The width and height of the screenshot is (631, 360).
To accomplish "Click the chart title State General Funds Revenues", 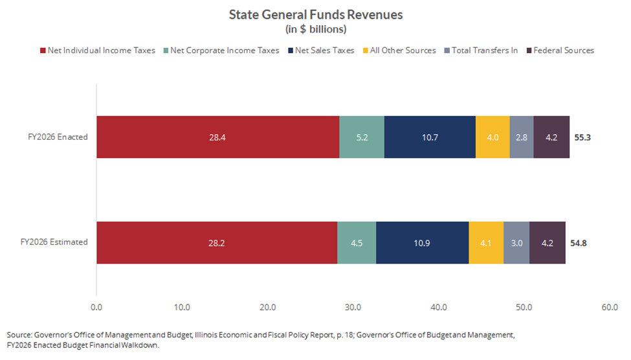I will click(316, 14).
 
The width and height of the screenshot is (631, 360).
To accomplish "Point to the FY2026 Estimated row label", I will click(54, 242).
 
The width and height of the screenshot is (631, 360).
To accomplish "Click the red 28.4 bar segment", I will click(217, 137).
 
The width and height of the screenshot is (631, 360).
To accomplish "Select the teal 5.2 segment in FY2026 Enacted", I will click(362, 137).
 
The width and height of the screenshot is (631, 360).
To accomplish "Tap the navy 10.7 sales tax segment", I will click(430, 137).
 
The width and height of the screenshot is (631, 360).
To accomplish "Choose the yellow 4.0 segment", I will click(493, 137).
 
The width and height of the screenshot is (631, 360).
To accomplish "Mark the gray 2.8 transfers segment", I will click(522, 137).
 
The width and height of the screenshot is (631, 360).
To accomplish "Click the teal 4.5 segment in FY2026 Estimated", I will click(357, 242).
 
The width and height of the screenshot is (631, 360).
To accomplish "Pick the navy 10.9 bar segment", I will click(422, 242).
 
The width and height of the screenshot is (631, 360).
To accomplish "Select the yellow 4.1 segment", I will click(486, 242).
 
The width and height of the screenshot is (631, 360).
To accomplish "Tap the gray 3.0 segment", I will click(516, 242).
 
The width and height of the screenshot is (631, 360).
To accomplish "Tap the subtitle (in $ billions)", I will click(316, 29).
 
